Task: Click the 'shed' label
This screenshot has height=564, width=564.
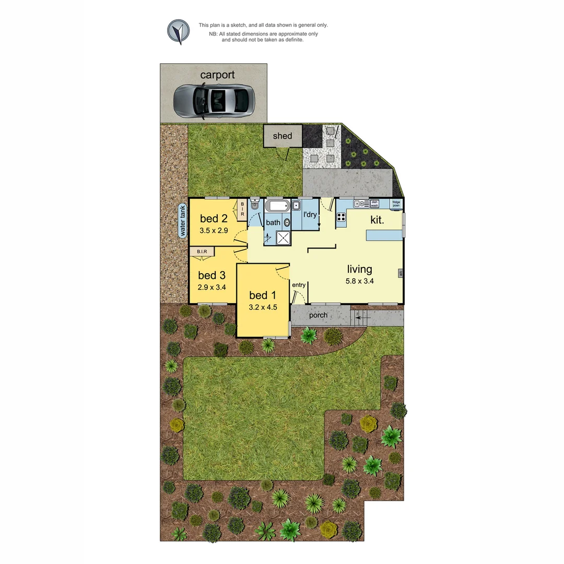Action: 283,136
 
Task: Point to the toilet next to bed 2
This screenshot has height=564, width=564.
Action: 254,205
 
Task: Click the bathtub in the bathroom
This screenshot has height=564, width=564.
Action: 276,206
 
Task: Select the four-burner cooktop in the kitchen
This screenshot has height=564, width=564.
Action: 341,217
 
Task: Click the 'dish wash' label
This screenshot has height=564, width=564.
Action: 374,204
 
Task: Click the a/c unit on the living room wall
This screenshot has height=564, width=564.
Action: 401,273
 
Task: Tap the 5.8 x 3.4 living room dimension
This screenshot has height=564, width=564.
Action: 360,281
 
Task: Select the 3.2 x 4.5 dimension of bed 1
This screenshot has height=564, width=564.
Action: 262,308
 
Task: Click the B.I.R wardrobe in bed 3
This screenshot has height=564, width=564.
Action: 202,252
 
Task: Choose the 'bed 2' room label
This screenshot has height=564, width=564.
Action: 214,218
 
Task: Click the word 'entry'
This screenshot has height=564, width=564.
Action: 299,285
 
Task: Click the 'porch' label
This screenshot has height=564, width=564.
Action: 318,315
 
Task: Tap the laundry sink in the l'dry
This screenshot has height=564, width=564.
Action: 296,205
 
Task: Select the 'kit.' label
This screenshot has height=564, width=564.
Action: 377,220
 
